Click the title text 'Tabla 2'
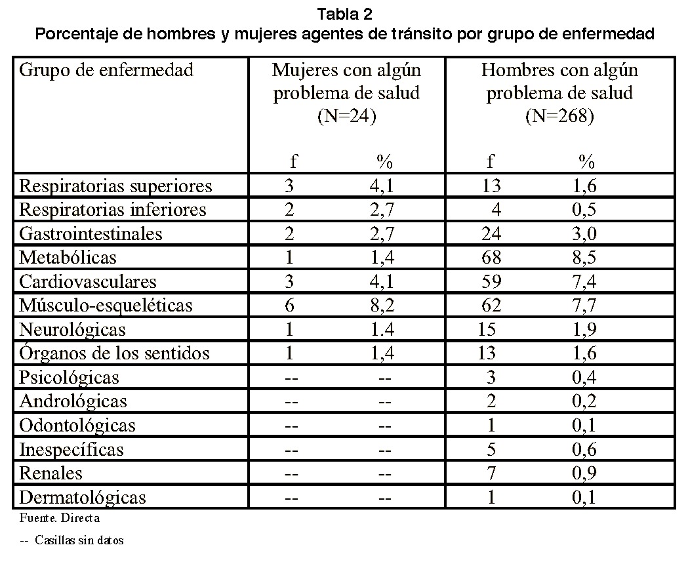coord(344,14)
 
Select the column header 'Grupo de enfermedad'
coord(106,70)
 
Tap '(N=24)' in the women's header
coord(347,116)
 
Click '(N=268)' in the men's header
coord(559,116)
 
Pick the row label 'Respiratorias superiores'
coord(116,186)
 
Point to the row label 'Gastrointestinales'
coord(91,234)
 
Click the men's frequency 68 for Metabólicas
coord(491,258)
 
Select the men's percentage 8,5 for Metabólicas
coord(584,258)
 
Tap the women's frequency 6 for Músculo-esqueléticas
coord(289,306)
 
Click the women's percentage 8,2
coord(382,306)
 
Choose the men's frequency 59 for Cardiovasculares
coord(491,281)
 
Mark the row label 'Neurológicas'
coord(72,330)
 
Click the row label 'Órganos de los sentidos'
coord(115,353)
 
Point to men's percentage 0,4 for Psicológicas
coord(584,377)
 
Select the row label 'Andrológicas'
coord(73,401)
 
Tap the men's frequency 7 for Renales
coord(491,473)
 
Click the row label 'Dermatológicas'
coord(83,498)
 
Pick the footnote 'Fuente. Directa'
coord(60,518)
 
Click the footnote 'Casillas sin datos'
coord(79,540)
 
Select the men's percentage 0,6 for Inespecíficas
coord(584,449)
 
